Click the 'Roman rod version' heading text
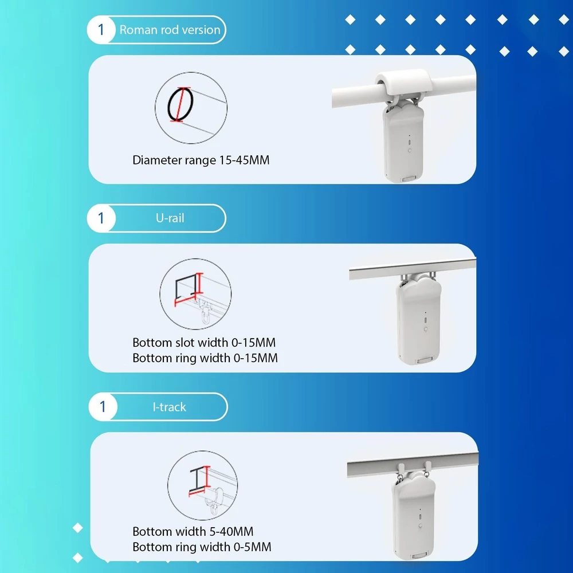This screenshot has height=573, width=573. [x=170, y=30]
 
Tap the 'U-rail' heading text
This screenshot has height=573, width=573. [x=170, y=218]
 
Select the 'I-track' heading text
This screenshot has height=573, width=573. [x=169, y=407]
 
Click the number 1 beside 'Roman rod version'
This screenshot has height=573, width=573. [x=101, y=30]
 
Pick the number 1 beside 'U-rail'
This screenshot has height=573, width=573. [x=101, y=218]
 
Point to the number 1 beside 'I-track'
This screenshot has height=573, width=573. [x=103, y=407]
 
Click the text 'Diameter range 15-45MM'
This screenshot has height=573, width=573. [x=201, y=160]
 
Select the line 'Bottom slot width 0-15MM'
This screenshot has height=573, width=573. [x=204, y=343]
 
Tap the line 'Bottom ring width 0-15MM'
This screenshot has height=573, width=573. [x=205, y=358]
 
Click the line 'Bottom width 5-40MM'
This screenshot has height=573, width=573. [x=193, y=531]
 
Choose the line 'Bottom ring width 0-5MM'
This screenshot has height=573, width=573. [x=202, y=547]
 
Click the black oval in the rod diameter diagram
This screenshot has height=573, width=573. [x=168, y=106]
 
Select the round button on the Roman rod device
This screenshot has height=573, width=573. [x=410, y=150]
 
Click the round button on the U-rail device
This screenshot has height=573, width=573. [x=425, y=329]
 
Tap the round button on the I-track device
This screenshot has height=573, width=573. [x=420, y=525]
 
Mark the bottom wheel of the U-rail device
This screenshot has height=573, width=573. [x=425, y=360]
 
